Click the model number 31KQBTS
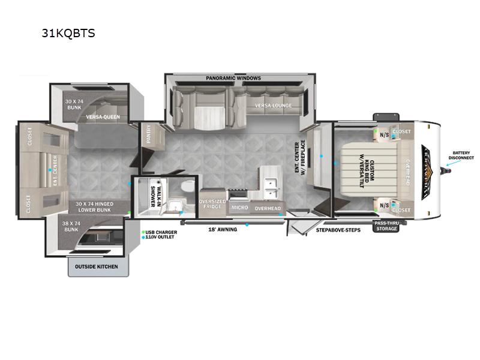pyautogui.click(x=68, y=33)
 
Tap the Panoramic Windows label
pyautogui.click(x=233, y=78)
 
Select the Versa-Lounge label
pyautogui.click(x=273, y=106)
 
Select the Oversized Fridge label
pyautogui.click(x=212, y=204)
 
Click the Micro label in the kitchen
pyautogui.click(x=240, y=208)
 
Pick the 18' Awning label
pyautogui.click(x=223, y=229)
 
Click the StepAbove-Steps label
pyautogui.click(x=338, y=229)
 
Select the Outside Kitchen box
pyautogui.click(x=96, y=266)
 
